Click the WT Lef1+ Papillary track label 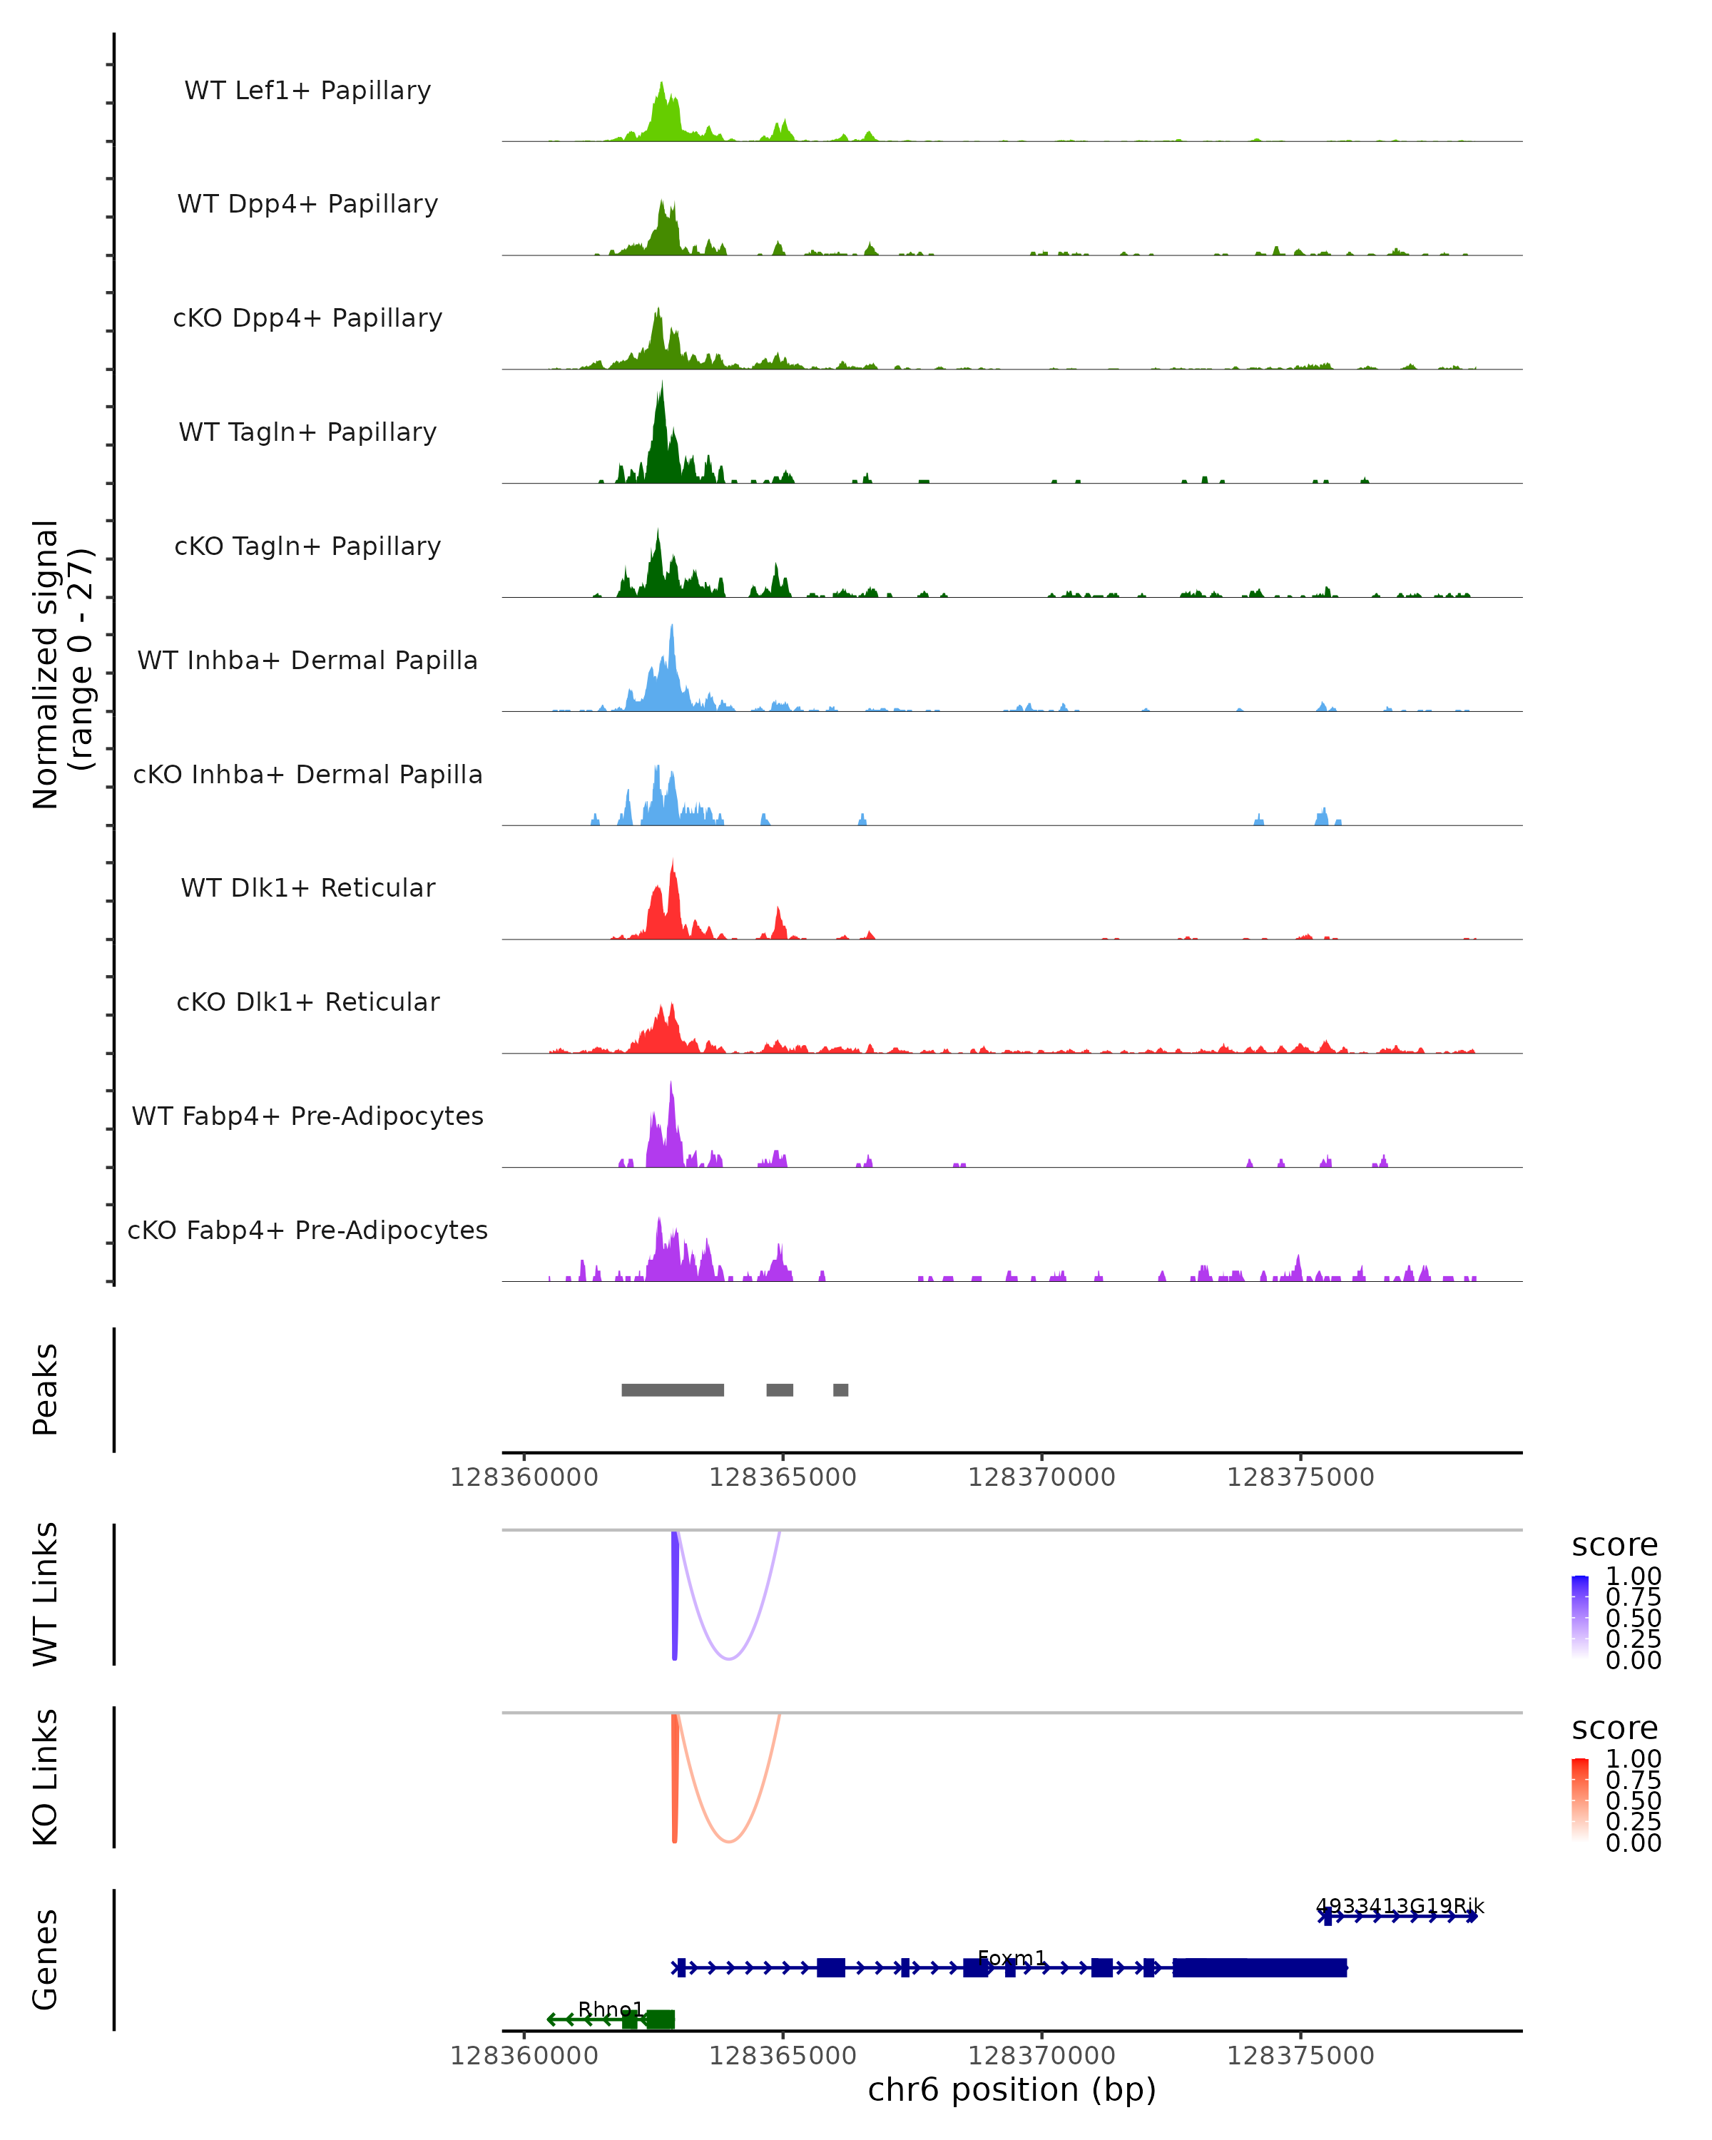click(x=307, y=91)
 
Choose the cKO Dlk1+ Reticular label click(x=307, y=1002)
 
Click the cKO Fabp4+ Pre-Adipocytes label click(x=307, y=1230)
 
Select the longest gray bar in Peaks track click(x=672, y=1390)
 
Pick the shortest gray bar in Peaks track click(x=840, y=1390)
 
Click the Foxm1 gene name click(x=1012, y=1957)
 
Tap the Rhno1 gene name click(x=611, y=2009)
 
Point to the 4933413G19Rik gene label click(x=1400, y=1906)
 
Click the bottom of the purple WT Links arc click(x=728, y=1658)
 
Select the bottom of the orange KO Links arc click(x=728, y=1841)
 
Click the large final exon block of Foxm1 click(x=1260, y=1967)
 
